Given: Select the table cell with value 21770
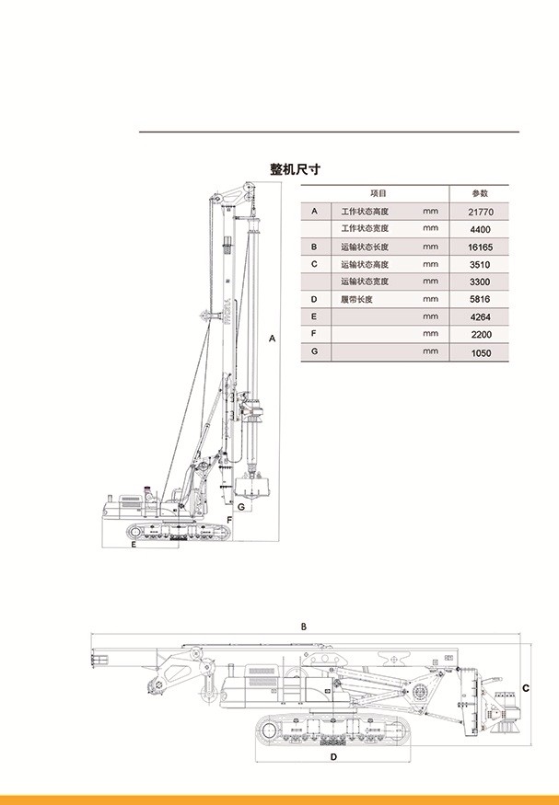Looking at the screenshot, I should click(481, 212).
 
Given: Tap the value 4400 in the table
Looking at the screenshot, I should click(481, 229).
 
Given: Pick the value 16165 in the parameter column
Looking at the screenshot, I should click(481, 247).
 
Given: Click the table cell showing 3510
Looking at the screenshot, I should click(481, 264).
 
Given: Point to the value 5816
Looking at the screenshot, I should click(481, 300).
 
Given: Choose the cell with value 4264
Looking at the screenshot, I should click(481, 317).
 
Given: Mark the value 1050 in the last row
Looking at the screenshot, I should click(481, 352).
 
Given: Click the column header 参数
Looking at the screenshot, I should click(481, 193).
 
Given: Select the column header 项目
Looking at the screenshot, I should click(378, 193).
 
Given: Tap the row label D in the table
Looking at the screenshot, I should click(314, 300).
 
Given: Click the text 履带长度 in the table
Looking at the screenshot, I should click(358, 300).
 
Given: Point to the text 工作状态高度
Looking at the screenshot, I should click(365, 212).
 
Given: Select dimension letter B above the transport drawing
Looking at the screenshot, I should click(304, 627).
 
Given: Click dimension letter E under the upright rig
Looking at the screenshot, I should click(134, 546).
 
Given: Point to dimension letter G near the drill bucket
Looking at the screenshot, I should click(240, 506).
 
